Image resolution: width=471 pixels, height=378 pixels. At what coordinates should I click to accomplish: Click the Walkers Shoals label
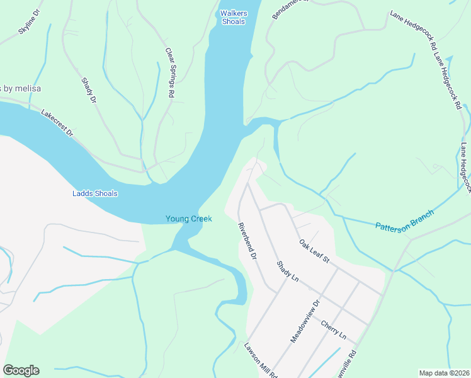point(232,17)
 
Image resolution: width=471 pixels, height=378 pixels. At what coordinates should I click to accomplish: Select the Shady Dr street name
point(89,90)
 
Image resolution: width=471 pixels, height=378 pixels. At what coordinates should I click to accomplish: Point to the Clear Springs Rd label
point(169,72)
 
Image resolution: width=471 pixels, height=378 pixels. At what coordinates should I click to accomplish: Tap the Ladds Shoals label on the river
point(94,193)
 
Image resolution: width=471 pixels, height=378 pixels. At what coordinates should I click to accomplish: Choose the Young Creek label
point(188,219)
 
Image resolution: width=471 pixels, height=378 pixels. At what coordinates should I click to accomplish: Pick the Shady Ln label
point(287,271)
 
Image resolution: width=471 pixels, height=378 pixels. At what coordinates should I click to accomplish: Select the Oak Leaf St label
point(314,251)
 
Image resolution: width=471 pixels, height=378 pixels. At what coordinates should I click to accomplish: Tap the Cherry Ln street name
point(333,329)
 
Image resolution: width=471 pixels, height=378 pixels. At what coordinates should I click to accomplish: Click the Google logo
point(21,370)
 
